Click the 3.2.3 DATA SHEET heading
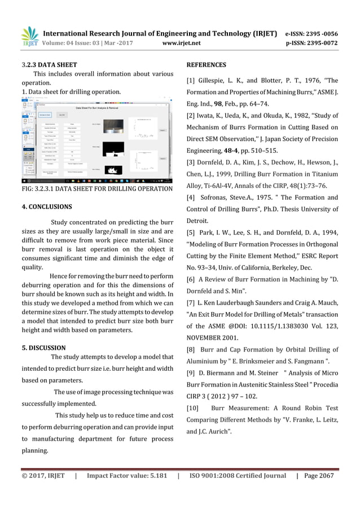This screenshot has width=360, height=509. coord(45,65)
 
